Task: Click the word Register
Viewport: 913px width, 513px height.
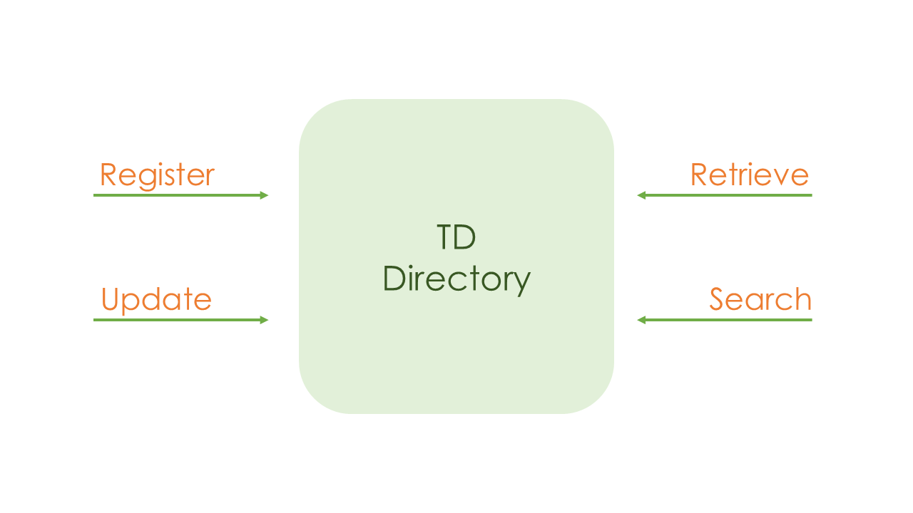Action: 157,175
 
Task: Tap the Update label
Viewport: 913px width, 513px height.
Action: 156,300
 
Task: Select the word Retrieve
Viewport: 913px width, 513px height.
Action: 750,175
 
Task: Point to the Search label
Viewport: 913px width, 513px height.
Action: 760,300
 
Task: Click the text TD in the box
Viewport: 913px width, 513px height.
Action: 456,237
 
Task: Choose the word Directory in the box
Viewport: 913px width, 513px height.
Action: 456,279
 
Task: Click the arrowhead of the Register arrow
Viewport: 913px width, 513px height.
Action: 264,195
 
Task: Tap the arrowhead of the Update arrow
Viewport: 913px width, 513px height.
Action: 264,320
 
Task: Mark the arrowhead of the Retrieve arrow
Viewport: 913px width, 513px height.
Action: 641,195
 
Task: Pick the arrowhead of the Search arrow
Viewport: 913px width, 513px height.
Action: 641,320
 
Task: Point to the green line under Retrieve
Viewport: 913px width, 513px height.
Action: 728,195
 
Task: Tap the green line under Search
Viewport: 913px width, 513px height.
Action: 728,320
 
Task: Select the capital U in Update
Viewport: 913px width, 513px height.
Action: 110,299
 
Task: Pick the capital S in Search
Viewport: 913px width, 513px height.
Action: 718,299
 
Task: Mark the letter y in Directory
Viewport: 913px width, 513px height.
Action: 522,284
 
